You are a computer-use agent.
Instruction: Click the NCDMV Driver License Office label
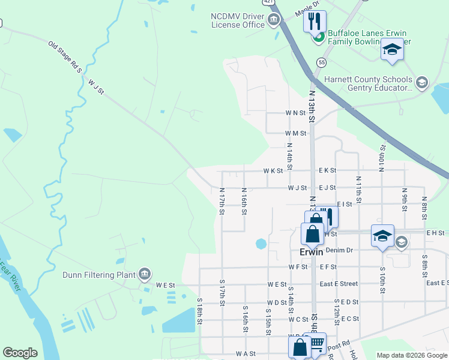(238, 20)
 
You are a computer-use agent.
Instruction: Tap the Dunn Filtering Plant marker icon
(144, 275)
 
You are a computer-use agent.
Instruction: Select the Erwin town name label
(312, 253)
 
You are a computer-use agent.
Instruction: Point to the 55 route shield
(322, 62)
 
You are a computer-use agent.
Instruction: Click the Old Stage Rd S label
(65, 57)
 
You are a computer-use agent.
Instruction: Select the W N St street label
(296, 113)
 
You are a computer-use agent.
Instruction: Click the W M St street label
(296, 133)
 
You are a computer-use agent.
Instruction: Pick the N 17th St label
(221, 201)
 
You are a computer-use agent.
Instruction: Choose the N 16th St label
(244, 201)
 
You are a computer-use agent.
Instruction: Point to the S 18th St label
(199, 310)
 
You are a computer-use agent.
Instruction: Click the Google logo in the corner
(20, 353)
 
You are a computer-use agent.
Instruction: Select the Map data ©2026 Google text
(411, 355)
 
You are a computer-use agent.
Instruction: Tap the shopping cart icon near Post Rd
(316, 344)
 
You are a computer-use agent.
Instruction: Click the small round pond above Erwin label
(261, 244)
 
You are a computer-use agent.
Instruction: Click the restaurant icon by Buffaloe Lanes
(315, 22)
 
